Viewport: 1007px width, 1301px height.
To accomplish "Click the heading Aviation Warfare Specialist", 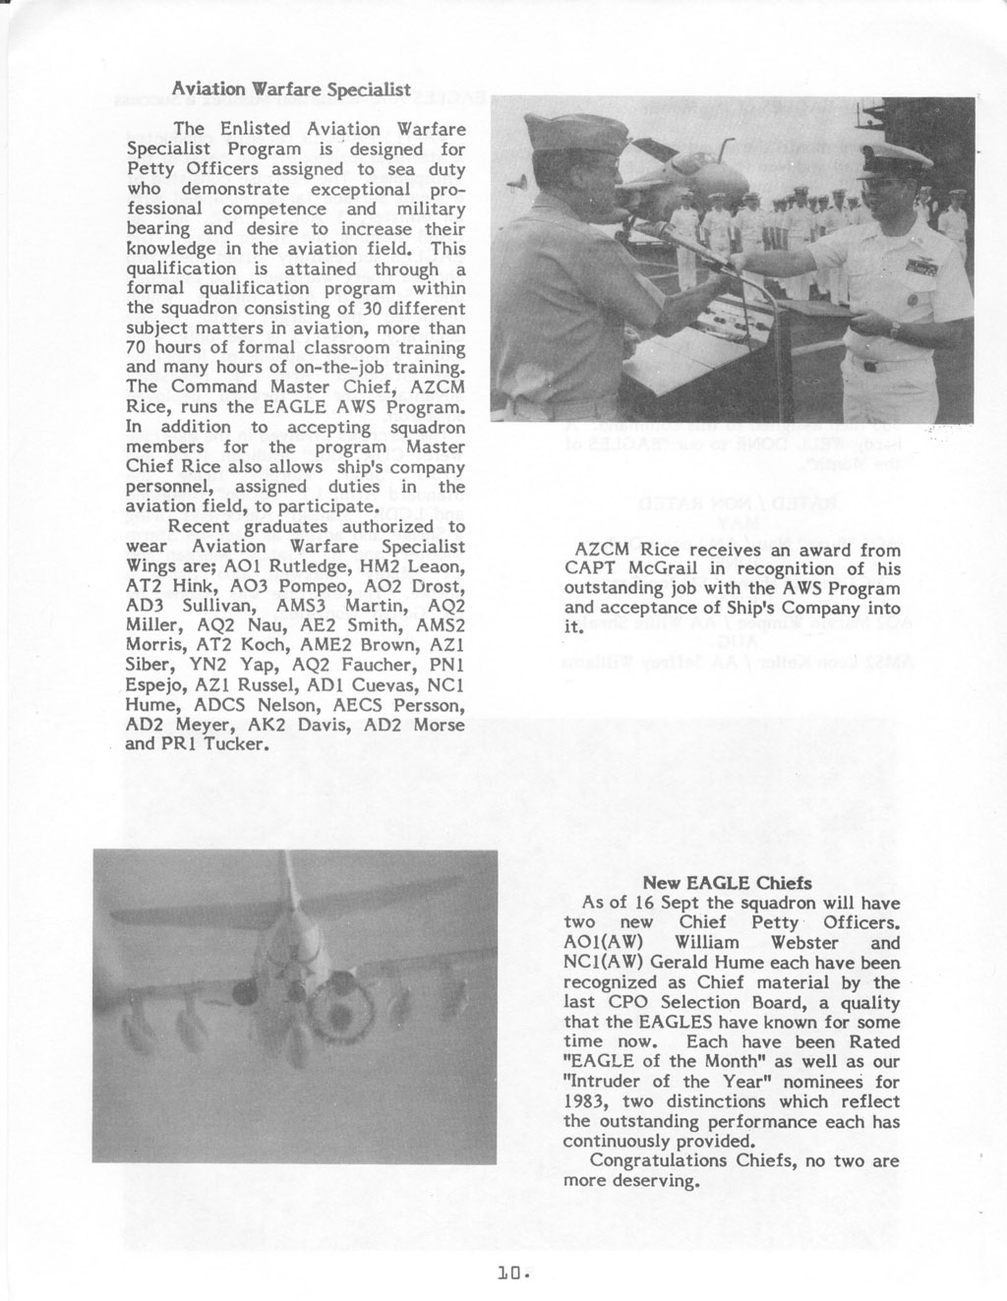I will pos(291,89).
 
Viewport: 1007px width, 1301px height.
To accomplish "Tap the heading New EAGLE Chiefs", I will pos(727,882).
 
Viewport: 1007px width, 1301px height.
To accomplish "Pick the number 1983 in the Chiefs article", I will pos(586,1101).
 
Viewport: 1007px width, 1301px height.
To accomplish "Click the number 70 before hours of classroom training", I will pos(138,348).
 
